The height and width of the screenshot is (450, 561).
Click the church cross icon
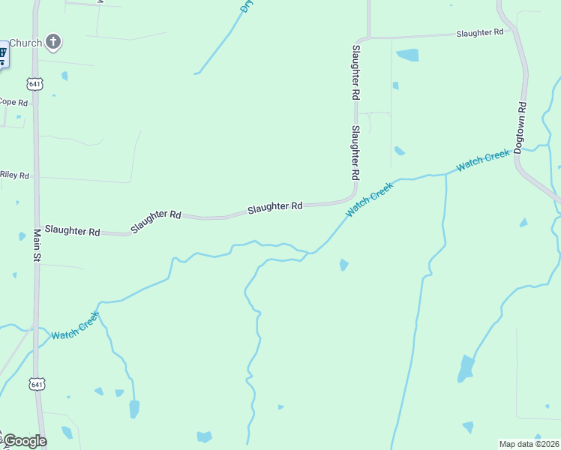pos(53,42)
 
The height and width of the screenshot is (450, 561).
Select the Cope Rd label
pos(13,102)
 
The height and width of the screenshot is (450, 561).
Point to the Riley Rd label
pos(14,175)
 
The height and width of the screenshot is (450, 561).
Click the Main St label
pos(35,244)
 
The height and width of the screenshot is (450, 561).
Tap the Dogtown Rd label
pos(521,124)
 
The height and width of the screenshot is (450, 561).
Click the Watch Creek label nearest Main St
pos(74,326)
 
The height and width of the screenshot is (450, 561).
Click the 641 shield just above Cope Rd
pos(34,82)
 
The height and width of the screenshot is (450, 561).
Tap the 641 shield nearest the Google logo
pos(36,383)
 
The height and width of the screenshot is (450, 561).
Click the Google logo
pos(24,441)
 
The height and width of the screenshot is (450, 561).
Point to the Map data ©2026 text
pos(529,444)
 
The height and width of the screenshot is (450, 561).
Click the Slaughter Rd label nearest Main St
pos(72,230)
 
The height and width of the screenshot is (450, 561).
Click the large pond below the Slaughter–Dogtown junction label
pos(407,55)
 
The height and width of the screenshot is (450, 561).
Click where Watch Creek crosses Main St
pos(34,328)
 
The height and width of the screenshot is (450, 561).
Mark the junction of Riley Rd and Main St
pos(34,178)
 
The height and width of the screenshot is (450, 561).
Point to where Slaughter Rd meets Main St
pos(35,229)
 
